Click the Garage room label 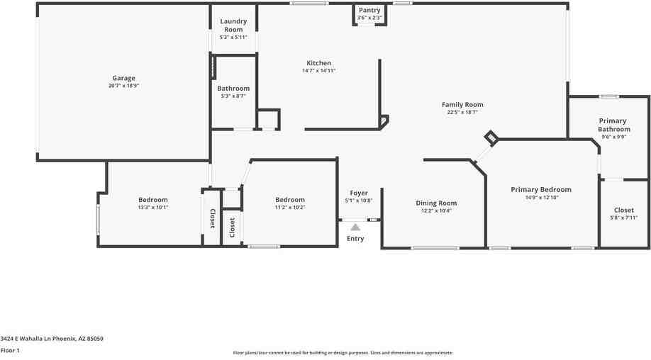[x=123, y=79]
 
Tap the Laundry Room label [x=233, y=26]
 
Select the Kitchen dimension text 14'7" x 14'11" [x=318, y=71]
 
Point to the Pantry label [x=369, y=10]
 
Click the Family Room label [x=462, y=105]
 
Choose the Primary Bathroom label [x=613, y=125]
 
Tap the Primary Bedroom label [x=541, y=190]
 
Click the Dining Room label [x=436, y=203]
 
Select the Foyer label [x=359, y=193]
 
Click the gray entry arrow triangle [x=355, y=227]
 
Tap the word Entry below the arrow [x=355, y=239]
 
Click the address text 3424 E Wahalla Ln [x=52, y=339]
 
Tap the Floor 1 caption [x=10, y=350]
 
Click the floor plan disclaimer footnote [x=343, y=353]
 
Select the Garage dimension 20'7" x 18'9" [x=123, y=86]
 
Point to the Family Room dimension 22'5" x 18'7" [x=462, y=112]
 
